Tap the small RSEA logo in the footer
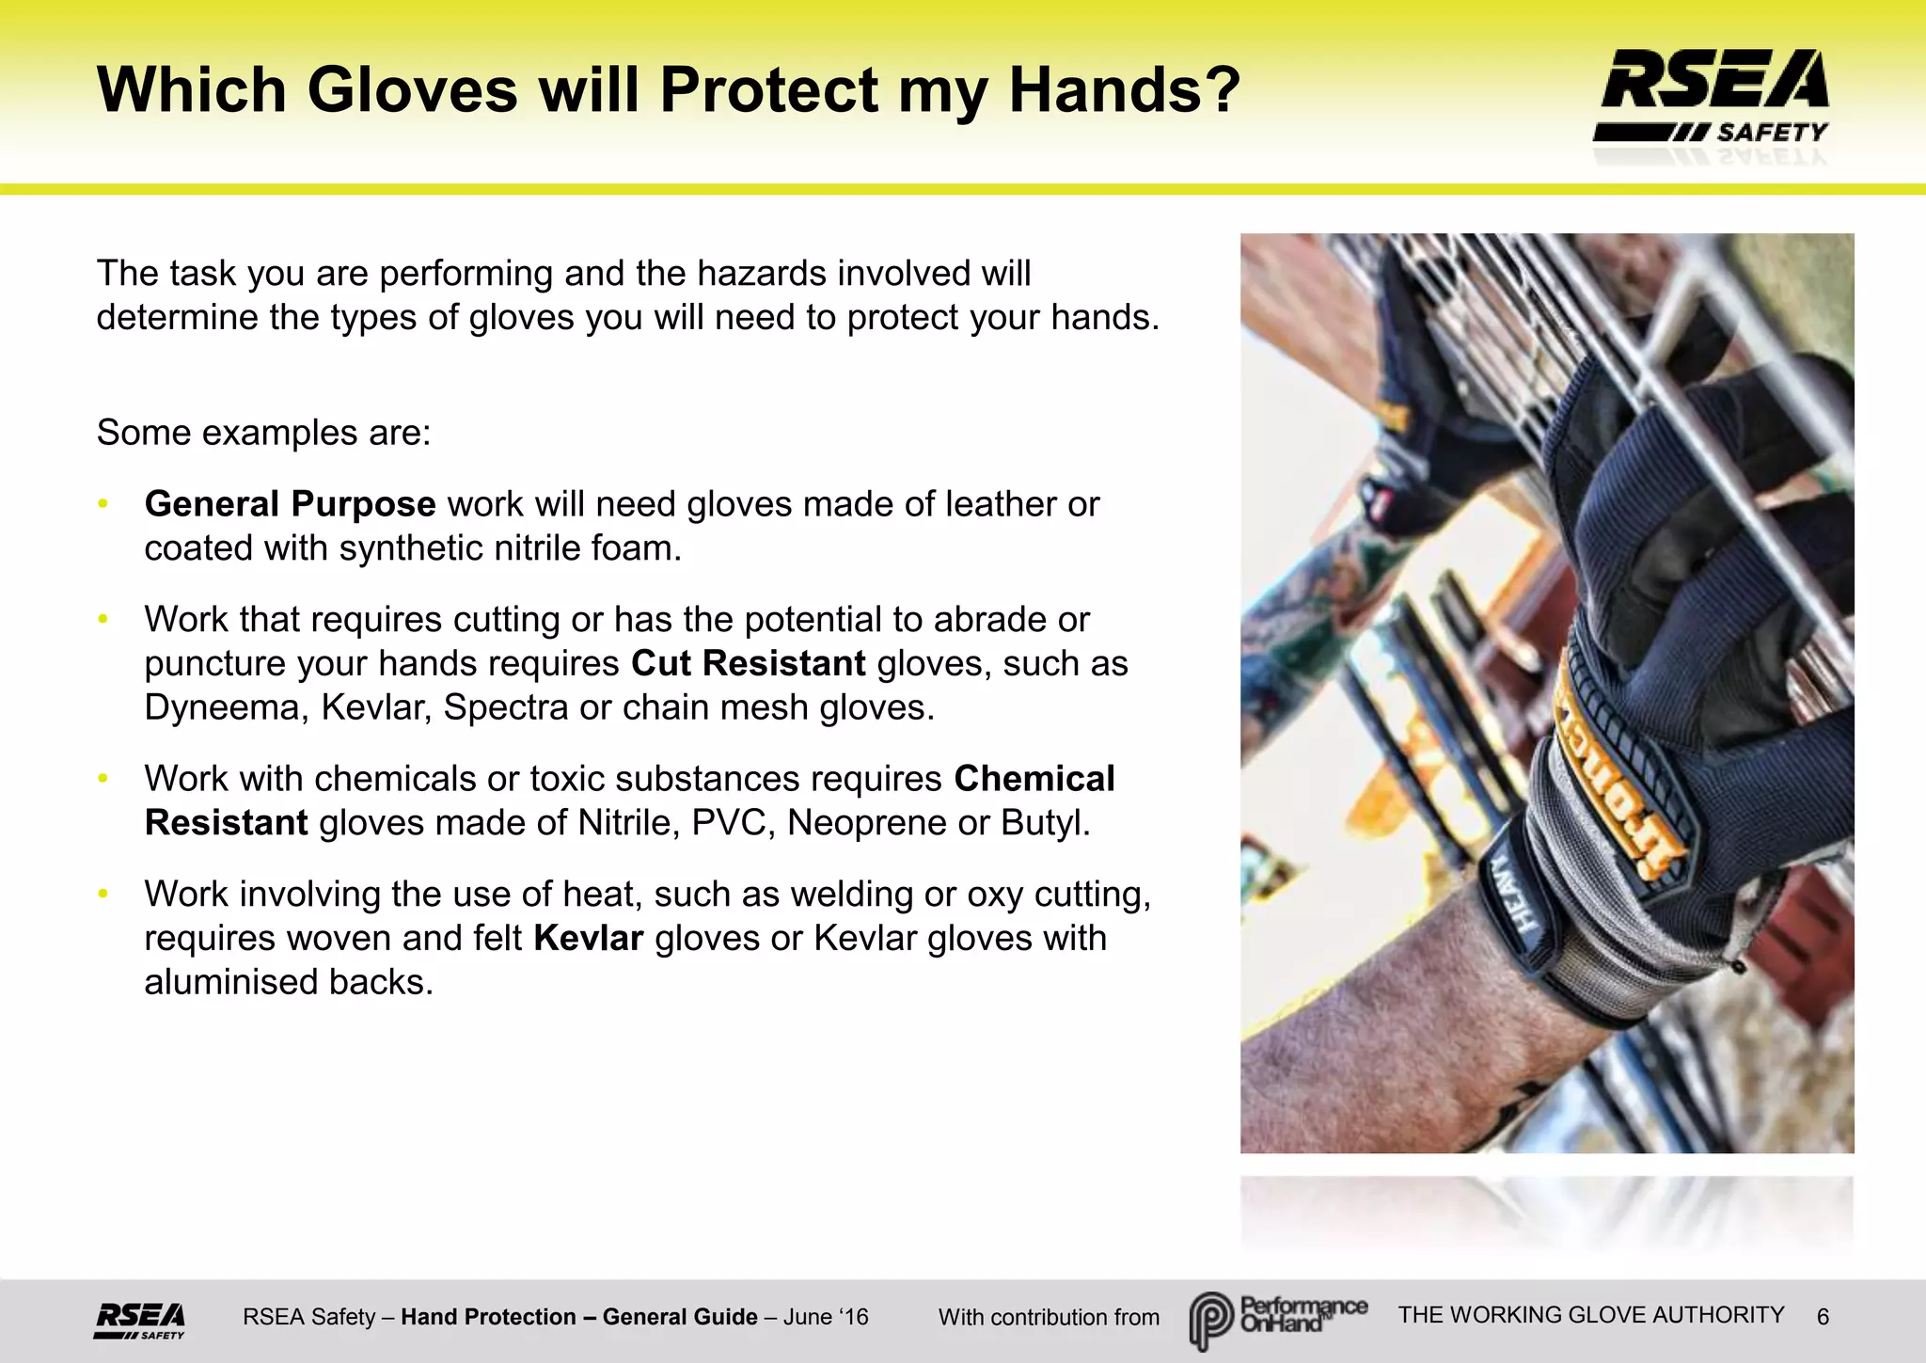click(x=139, y=1319)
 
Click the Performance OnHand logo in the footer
click(x=1277, y=1318)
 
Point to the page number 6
click(x=1823, y=1317)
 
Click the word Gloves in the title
click(x=412, y=90)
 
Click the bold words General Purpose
click(x=290, y=504)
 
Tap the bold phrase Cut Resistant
click(x=748, y=663)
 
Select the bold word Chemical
click(x=1034, y=779)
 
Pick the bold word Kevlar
click(x=588, y=939)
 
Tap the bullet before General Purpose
click(x=103, y=505)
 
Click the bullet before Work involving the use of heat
click(x=103, y=895)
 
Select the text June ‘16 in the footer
click(x=826, y=1317)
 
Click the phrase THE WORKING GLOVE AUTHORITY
click(x=1591, y=1315)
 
